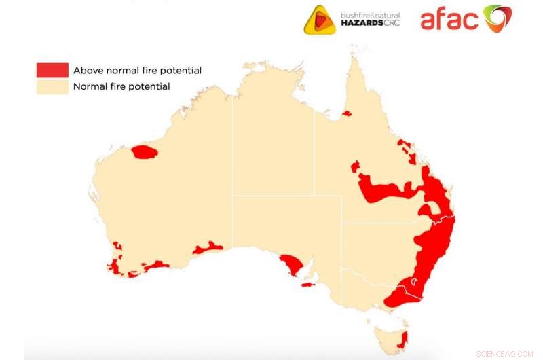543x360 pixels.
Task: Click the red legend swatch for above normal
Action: click(x=52, y=70)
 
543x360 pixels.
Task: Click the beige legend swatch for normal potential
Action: click(x=52, y=86)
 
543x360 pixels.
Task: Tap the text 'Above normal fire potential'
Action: click(x=137, y=70)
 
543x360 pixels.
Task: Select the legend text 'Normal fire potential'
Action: click(x=121, y=86)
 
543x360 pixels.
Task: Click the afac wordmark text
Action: click(x=449, y=19)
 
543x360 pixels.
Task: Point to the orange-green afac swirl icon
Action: click(x=497, y=18)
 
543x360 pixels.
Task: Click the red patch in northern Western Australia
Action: click(x=145, y=151)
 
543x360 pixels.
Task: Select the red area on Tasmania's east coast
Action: click(x=405, y=338)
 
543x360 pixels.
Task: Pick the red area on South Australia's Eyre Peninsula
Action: click(x=293, y=265)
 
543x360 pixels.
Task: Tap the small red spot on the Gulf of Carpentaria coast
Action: click(x=347, y=113)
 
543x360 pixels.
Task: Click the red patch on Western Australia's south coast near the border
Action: click(x=208, y=247)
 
